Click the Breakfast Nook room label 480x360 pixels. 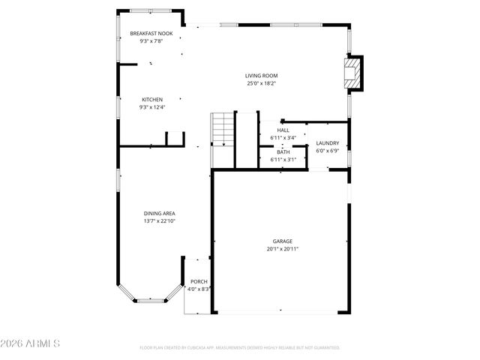tap(151, 34)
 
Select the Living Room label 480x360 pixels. tap(261, 76)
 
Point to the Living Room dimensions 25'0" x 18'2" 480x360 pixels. tap(261, 83)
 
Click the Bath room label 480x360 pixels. tap(283, 152)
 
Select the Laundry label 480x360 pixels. tap(327, 142)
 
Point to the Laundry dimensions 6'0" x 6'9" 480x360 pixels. tap(327, 150)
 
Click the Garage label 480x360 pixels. tap(282, 241)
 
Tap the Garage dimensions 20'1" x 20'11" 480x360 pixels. tap(282, 248)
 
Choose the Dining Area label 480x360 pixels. tap(159, 213)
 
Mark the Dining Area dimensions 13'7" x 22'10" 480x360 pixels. tap(159, 220)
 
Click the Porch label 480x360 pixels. tap(198, 281)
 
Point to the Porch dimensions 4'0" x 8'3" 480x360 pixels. tap(199, 289)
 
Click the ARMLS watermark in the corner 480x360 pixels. tap(30, 344)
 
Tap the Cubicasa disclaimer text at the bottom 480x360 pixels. tap(240, 347)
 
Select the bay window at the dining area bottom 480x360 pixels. tap(149, 299)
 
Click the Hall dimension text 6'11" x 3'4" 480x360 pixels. tap(283, 138)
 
